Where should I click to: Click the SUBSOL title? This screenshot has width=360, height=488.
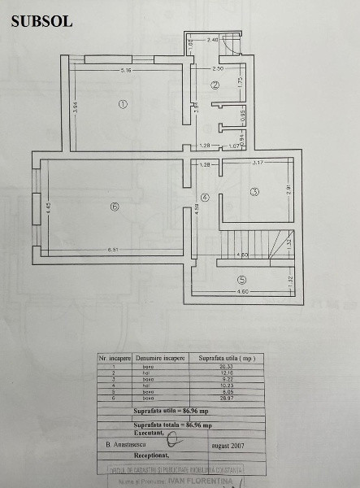pyautogui.click(x=41, y=22)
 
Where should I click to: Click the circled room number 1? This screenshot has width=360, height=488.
pyautogui.click(x=123, y=104)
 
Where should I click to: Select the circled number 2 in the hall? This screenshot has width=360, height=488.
pyautogui.click(x=215, y=85)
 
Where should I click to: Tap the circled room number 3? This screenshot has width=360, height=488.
pyautogui.click(x=254, y=192)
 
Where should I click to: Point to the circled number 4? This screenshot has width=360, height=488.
pyautogui.click(x=205, y=198)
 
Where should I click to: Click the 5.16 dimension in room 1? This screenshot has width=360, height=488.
pyautogui.click(x=126, y=72)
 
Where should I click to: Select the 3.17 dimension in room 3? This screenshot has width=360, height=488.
pyautogui.click(x=258, y=164)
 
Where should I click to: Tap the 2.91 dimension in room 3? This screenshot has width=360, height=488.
pyautogui.click(x=287, y=190)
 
